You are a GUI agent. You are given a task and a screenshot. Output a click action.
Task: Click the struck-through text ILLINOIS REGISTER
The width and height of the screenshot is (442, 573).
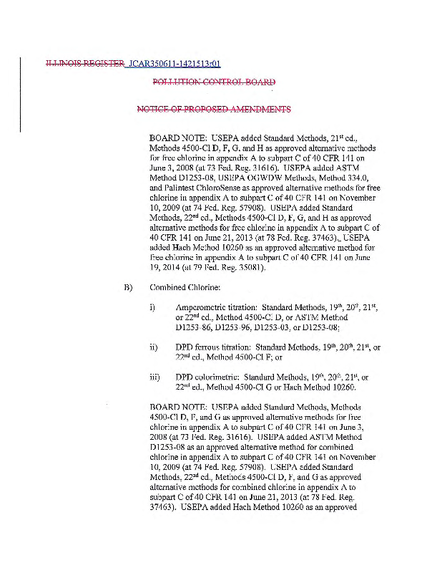[x=84, y=64]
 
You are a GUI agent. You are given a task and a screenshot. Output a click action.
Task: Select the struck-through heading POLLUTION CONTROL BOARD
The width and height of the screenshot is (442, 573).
[x=214, y=82]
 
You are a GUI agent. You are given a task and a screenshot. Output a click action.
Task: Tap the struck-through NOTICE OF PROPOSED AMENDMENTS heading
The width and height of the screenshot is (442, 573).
[x=214, y=110]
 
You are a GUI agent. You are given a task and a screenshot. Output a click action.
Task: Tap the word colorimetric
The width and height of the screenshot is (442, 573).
[x=214, y=377]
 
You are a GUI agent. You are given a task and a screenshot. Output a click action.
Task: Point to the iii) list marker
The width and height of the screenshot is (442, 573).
[x=154, y=377]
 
